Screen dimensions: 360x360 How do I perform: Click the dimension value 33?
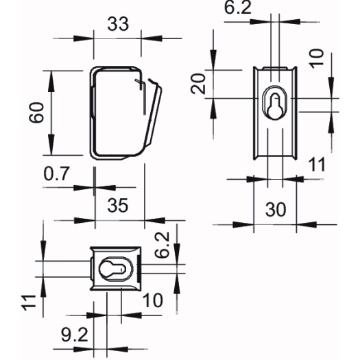[x=118, y=24]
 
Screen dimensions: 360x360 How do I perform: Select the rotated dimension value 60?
[x=37, y=112]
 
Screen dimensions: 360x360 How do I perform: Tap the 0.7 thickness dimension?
[x=56, y=173]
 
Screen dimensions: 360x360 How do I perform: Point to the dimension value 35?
[x=118, y=206]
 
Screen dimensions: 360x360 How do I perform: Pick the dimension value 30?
[x=276, y=209]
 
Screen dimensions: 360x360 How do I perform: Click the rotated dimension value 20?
[x=198, y=84]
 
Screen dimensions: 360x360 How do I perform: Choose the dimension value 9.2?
[x=75, y=335]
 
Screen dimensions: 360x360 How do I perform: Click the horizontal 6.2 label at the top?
[x=238, y=8]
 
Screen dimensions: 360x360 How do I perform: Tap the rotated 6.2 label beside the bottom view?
[x=162, y=245]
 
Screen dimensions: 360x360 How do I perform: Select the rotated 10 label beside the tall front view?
[x=317, y=58]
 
